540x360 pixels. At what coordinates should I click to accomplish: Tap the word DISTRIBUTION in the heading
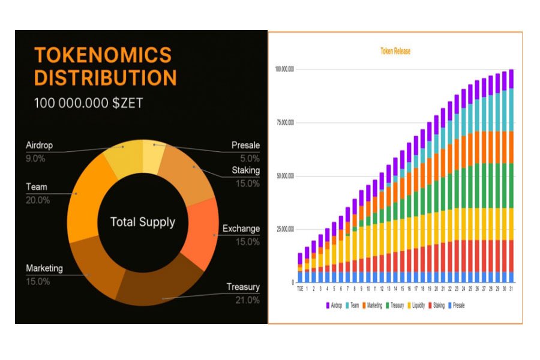[105, 78]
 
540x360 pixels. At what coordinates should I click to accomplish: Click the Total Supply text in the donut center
[143, 222]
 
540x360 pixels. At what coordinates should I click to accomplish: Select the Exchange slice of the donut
[200, 234]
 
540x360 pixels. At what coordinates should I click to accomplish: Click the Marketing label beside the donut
[44, 268]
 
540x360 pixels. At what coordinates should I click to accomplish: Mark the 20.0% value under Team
[38, 200]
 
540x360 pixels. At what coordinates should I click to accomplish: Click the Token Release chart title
[395, 52]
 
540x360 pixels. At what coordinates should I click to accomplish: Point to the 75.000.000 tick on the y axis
[284, 122]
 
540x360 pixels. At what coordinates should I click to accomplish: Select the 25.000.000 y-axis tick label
[284, 229]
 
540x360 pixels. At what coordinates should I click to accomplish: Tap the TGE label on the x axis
[300, 289]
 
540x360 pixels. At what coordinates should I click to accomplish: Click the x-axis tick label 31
[511, 289]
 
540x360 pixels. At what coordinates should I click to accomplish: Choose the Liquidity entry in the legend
[417, 305]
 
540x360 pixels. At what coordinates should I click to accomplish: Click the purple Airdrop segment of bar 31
[511, 79]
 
